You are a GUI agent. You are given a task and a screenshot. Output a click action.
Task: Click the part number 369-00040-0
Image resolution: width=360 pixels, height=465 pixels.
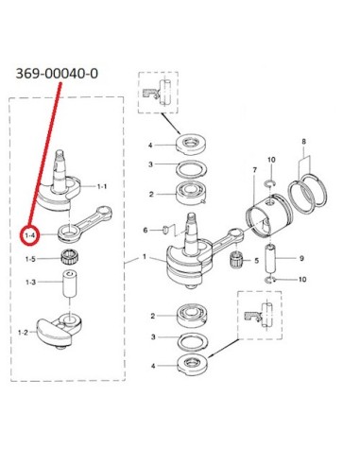point(57,74)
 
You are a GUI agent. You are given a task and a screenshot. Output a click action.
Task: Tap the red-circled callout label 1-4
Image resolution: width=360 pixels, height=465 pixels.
point(30,235)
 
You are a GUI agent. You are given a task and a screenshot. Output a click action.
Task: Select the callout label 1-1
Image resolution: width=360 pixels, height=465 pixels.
point(101,186)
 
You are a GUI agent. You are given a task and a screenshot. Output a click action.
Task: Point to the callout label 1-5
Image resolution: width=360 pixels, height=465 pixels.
point(30,259)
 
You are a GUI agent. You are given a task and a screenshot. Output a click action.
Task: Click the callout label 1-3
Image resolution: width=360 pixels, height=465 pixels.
point(30,282)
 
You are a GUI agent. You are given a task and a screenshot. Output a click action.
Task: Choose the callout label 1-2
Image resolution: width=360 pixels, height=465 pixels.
point(23,332)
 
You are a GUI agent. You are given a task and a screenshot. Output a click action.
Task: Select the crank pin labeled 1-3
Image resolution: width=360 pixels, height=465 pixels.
point(70,284)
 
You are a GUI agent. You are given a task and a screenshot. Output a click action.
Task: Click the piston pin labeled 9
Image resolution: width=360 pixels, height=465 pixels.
point(270,258)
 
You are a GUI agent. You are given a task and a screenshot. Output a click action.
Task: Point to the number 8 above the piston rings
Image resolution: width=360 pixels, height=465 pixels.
point(303,142)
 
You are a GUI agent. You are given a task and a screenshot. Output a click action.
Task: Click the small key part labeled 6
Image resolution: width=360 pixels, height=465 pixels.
point(164,230)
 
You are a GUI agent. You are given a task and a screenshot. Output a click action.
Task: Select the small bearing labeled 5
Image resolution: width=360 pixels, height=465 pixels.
point(235,260)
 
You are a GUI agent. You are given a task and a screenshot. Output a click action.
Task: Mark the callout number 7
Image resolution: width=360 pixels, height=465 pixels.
point(254,170)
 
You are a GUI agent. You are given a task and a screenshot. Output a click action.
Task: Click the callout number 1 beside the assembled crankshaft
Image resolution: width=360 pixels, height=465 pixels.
point(145,257)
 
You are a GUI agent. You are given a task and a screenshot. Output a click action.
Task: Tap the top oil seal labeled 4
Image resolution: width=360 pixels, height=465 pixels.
point(192,144)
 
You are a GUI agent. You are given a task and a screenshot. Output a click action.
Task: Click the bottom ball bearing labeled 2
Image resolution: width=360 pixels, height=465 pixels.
point(192,316)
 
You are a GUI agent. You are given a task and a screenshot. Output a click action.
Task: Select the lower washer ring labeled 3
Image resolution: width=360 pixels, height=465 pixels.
point(193,342)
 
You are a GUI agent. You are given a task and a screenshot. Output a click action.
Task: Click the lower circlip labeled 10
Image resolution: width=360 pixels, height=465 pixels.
point(270,279)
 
